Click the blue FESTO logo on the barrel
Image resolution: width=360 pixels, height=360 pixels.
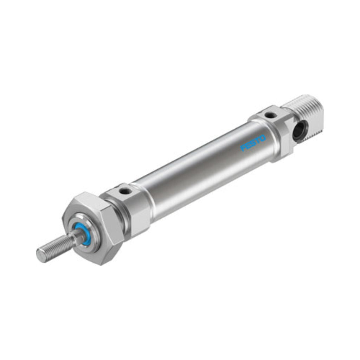tap(253, 143)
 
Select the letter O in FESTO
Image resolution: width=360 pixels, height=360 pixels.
tap(263, 138)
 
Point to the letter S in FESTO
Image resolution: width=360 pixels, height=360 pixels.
tap(253, 143)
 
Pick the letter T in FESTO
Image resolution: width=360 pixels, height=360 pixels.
tap(258, 141)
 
